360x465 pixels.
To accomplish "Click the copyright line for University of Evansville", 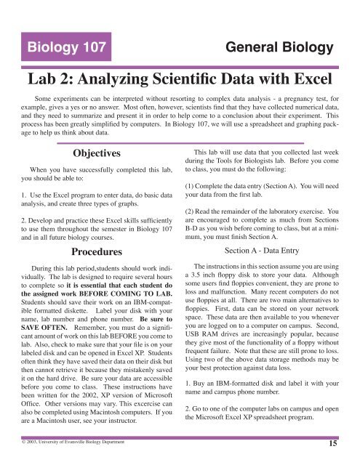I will [x=71, y=440].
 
